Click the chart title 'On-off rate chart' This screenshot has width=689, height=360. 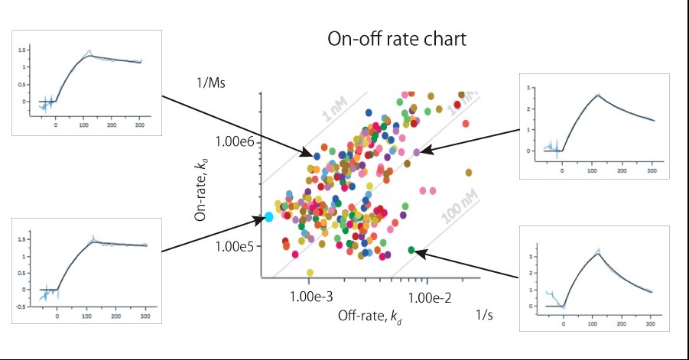coord(396,39)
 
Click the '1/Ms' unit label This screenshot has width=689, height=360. coord(210,82)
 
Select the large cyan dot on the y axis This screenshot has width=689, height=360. coord(268,217)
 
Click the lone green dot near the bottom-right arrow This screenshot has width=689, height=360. coord(411,250)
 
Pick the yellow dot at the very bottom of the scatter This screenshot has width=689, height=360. coord(310,272)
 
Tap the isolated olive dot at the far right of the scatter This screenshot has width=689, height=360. coord(469,172)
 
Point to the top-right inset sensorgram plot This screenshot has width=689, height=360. coord(594,126)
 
